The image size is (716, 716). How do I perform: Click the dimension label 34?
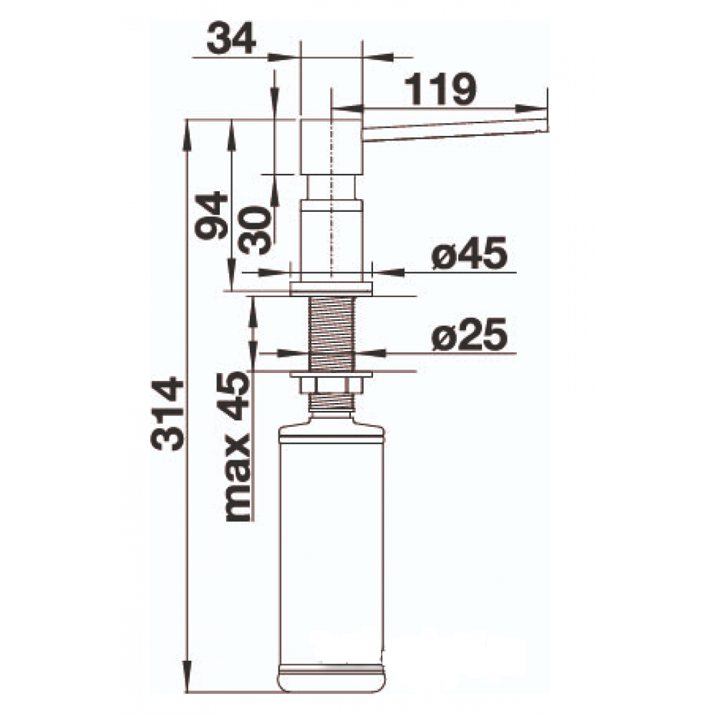click(x=231, y=39)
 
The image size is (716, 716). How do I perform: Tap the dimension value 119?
click(x=440, y=89)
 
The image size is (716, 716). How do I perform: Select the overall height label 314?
click(x=167, y=413)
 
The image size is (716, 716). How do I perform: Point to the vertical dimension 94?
click(x=211, y=216)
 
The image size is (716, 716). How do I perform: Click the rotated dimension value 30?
click(x=254, y=230)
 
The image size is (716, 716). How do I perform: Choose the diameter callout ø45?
click(x=470, y=253)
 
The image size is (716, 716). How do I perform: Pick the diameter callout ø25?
click(x=470, y=334)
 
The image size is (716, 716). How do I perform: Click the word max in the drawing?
click(x=238, y=478)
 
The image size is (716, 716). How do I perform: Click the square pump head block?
click(x=332, y=147)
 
